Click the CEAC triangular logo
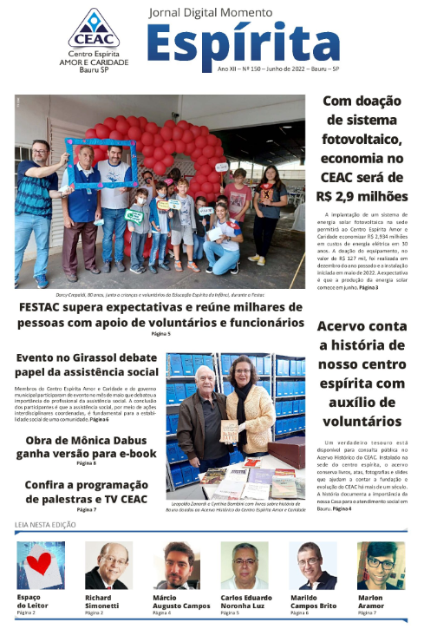(94, 27)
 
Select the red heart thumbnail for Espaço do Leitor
(41, 565)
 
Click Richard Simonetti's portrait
(108, 565)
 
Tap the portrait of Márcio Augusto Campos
(176, 565)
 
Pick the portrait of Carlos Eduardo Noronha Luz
(245, 565)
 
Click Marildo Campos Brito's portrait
(312, 565)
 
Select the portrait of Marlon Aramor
(381, 565)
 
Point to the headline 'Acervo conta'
(362, 327)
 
